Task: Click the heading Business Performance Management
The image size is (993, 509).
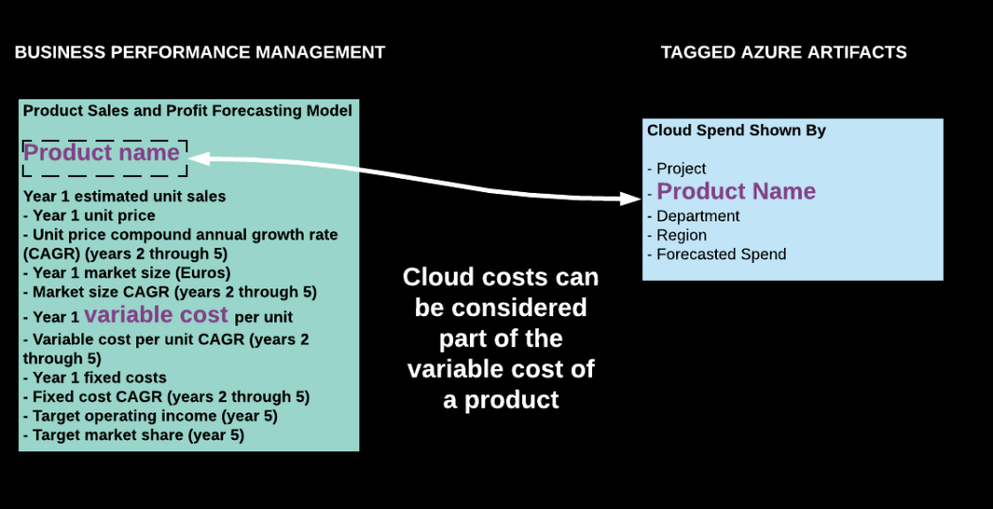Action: click(x=200, y=52)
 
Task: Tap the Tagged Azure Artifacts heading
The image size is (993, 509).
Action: click(x=783, y=52)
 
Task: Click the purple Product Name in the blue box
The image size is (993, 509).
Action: click(x=736, y=192)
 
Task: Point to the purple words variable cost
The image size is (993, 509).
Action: click(x=156, y=315)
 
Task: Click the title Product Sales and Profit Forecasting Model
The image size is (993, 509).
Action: click(x=187, y=111)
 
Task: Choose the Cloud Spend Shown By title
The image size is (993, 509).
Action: click(x=736, y=131)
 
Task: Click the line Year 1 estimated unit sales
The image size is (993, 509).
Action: click(x=124, y=197)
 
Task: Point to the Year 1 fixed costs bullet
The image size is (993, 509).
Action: click(x=98, y=377)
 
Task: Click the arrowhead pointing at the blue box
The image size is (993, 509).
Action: click(x=634, y=199)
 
